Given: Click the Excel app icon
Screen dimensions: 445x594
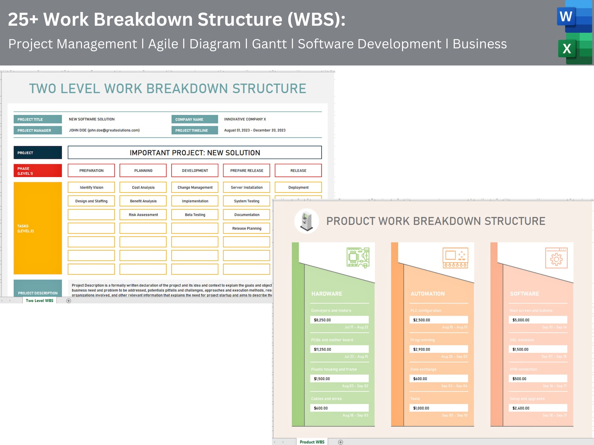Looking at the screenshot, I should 574,48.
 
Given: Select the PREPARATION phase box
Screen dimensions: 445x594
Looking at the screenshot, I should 91,170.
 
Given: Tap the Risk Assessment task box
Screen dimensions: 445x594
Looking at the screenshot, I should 143,215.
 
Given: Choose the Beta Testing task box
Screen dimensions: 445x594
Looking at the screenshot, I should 195,215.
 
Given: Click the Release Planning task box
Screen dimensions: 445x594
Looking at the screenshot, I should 247,228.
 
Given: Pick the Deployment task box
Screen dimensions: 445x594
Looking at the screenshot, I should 298,188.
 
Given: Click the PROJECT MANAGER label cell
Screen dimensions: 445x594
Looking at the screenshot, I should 38,130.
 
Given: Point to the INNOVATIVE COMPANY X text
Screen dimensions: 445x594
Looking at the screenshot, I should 245,119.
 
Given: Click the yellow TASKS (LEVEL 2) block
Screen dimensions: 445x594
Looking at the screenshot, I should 38,228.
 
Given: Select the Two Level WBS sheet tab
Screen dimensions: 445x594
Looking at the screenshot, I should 40,300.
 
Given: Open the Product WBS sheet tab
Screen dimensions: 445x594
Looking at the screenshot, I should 312,442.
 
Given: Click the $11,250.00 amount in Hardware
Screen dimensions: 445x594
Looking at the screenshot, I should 339,349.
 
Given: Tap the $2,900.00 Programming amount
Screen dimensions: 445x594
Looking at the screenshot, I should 438,349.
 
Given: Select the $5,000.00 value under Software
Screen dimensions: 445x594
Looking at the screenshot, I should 538,320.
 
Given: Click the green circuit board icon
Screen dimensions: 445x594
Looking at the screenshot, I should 358,257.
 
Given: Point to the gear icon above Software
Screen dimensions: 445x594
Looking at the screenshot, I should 556,258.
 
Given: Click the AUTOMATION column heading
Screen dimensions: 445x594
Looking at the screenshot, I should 428,294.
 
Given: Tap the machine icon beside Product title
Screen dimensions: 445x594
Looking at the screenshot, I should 307,221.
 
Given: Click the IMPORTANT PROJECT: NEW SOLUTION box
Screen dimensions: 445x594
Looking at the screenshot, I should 195,152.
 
